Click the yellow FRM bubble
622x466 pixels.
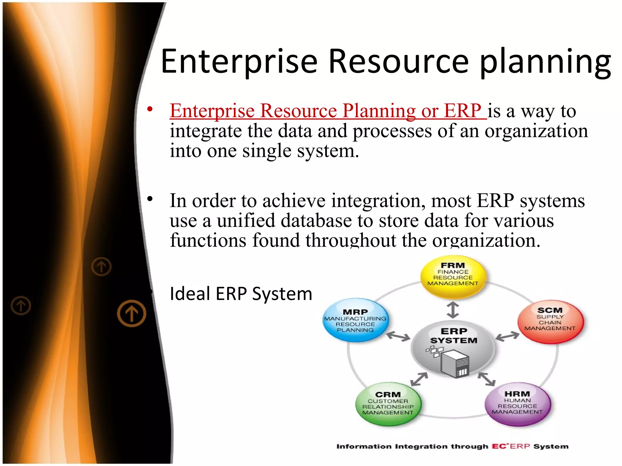[453, 276]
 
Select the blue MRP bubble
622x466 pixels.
[355, 320]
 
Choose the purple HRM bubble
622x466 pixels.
[518, 404]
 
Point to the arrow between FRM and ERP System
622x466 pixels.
[453, 310]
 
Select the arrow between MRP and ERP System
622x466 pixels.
[398, 336]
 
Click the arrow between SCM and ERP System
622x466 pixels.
[508, 336]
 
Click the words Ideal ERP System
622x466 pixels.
[241, 294]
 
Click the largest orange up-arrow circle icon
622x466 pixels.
[132, 313]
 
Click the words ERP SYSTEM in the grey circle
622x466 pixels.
[454, 336]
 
